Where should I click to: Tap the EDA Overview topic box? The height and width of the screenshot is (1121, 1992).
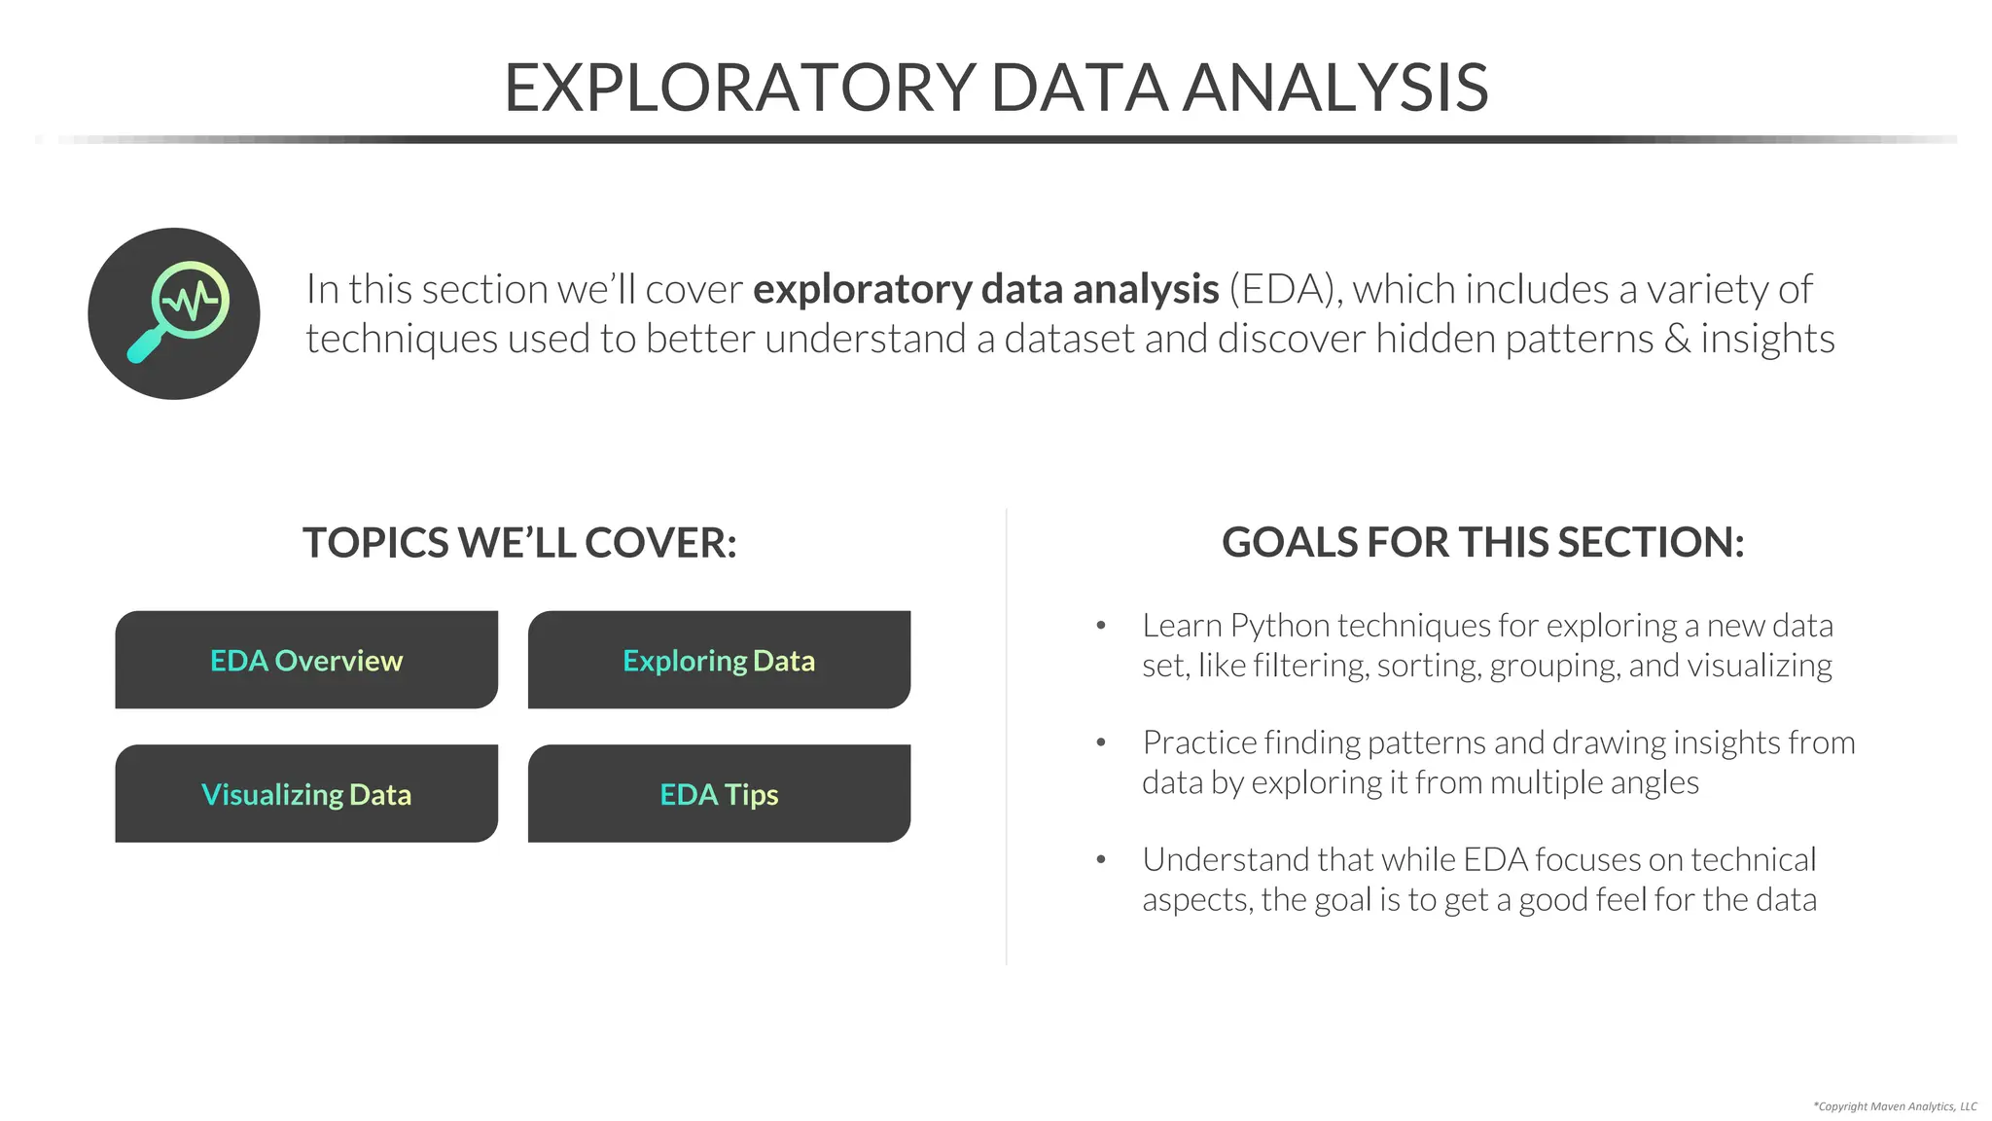(x=306, y=660)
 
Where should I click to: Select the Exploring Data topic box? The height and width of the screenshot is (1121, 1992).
(x=719, y=660)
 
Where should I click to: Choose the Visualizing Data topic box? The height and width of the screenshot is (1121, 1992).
(x=306, y=794)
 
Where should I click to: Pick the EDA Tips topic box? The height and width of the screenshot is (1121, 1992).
(x=719, y=794)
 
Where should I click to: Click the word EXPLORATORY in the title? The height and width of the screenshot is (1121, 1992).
(x=740, y=88)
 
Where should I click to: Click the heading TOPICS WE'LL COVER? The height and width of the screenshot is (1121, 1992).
(x=519, y=543)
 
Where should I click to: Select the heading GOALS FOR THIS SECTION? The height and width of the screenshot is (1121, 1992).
(x=1482, y=543)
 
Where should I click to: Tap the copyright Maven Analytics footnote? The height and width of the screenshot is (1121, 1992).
(x=1895, y=1106)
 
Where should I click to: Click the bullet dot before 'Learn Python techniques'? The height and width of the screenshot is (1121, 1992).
(x=1101, y=626)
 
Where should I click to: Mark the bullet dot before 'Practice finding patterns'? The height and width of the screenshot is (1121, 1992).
(x=1101, y=742)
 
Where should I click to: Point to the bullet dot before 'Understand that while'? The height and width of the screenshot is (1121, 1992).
(x=1101, y=859)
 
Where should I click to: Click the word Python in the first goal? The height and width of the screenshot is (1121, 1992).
(x=1279, y=626)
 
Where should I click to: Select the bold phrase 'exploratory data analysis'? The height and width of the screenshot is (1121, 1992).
(x=985, y=289)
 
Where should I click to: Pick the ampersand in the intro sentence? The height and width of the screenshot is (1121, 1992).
(x=1676, y=339)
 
